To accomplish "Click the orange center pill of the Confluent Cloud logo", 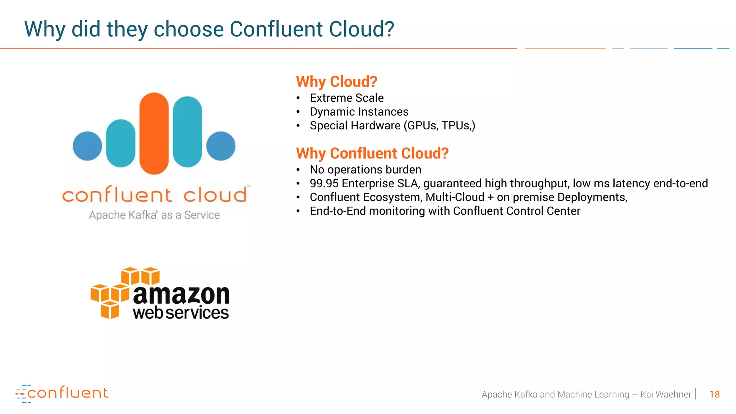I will (154, 133).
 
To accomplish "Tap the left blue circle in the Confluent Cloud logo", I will (87, 146).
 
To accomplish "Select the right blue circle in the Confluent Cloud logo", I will (221, 146).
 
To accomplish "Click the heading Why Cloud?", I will (336, 82).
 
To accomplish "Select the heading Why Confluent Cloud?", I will (372, 153).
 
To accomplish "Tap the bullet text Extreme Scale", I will (346, 98).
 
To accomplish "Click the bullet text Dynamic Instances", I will (359, 112).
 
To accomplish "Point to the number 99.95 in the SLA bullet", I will (324, 184).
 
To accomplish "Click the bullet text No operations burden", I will (365, 170).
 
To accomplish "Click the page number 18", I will (714, 395).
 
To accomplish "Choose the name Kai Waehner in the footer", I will (666, 395).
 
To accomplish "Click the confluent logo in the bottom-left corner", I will (62, 394).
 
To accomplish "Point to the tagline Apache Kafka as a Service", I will (154, 215).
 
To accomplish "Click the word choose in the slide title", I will (189, 29).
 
